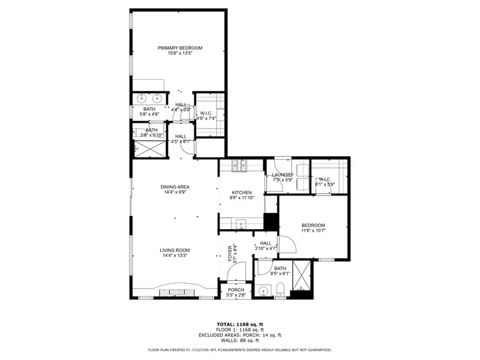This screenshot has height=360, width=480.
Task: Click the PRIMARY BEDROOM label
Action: point(180,48)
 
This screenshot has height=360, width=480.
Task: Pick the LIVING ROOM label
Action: point(175,250)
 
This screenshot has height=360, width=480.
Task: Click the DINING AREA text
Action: point(175,187)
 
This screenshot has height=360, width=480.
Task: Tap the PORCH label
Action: point(236,289)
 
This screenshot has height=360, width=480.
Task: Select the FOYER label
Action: point(229,254)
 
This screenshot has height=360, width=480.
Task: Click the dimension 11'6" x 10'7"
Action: point(313,230)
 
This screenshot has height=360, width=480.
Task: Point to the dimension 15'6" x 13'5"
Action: point(180,54)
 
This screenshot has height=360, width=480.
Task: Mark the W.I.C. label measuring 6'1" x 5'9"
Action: point(325,179)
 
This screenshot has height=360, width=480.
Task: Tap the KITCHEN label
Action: point(242,192)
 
